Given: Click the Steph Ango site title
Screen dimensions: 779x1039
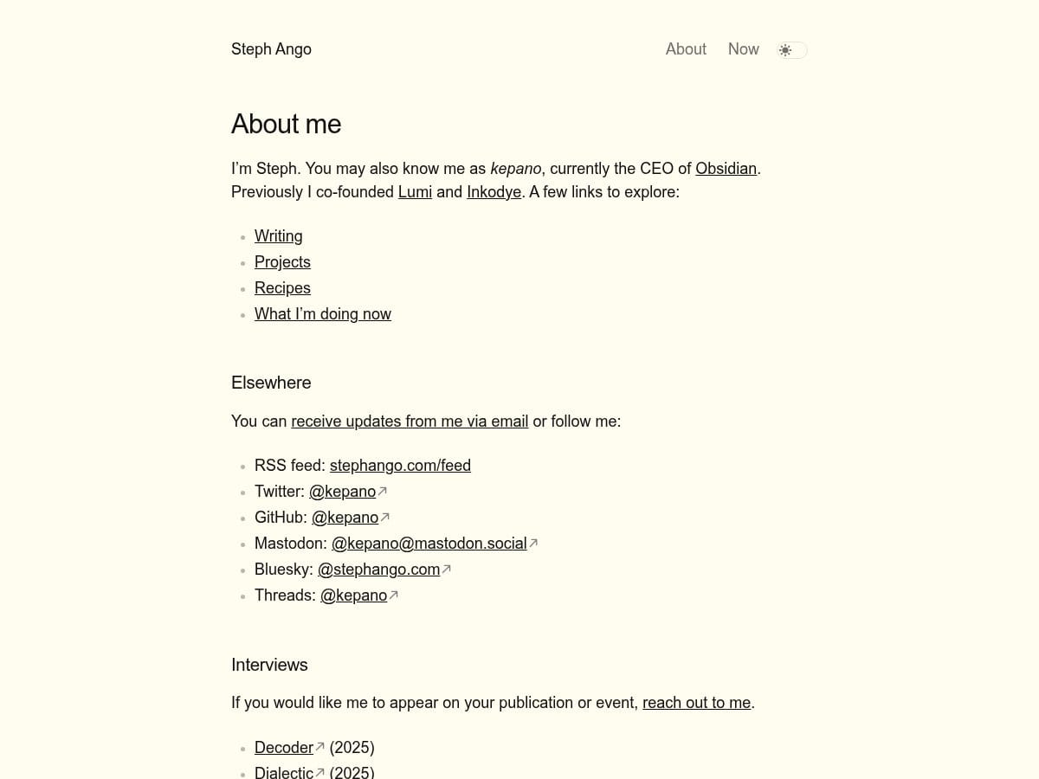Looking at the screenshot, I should [271, 49].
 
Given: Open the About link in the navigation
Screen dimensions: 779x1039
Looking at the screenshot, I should [686, 49].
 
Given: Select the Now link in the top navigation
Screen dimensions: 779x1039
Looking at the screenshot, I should [743, 49].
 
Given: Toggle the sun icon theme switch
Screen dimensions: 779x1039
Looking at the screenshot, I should [791, 50].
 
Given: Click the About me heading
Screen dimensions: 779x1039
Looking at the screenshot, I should [286, 124].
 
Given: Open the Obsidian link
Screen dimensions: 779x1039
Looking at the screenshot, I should [726, 168].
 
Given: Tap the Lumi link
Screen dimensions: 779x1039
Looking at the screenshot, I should [415, 191].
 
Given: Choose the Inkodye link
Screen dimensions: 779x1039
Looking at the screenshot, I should [494, 191].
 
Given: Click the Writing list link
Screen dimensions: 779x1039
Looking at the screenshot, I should [278, 235].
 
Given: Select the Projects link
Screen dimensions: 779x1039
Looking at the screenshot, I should [282, 261].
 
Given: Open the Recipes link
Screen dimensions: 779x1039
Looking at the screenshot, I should [282, 287].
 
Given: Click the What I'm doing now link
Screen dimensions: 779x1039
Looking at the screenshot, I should [322, 313].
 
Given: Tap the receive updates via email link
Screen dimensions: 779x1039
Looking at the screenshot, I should [410, 421].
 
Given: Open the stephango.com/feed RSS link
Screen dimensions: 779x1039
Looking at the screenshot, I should [400, 465].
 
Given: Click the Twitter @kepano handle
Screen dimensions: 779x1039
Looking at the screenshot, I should [342, 491].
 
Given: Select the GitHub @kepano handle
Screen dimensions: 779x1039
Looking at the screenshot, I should [345, 517].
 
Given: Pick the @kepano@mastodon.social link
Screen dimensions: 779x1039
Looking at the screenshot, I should [429, 543].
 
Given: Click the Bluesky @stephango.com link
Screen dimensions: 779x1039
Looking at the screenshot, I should [378, 569].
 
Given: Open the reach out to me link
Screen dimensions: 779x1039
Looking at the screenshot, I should [696, 702].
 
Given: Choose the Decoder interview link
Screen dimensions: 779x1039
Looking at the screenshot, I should [283, 747].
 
